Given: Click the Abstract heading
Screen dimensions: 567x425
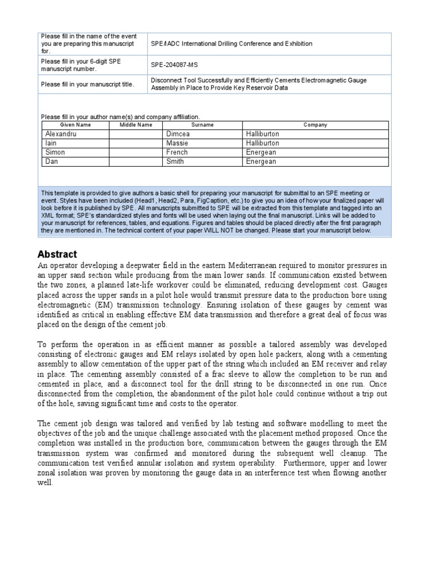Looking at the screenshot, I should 57,254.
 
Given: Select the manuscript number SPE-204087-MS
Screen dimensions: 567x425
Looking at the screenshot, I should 174,65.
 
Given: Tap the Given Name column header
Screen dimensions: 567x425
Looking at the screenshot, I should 75,125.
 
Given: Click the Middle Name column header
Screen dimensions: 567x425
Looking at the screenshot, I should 136,125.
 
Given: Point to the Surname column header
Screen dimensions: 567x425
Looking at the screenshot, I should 203,125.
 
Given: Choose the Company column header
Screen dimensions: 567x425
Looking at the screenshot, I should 315,125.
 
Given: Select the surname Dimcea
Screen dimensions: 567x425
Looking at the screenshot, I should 178,134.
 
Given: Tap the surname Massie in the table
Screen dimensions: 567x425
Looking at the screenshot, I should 177,143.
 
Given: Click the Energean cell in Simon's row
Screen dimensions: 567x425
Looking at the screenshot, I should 260,152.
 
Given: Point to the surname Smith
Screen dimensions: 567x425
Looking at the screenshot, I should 175,162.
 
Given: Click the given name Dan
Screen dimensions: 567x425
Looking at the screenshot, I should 51,162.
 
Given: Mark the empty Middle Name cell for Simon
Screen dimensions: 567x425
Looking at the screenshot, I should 136,152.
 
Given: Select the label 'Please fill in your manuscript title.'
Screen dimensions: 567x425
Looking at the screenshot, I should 87,84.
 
